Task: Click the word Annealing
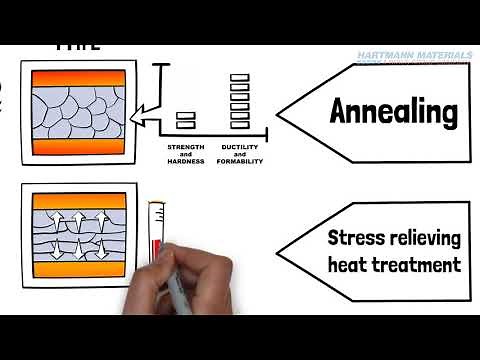pos(392,111)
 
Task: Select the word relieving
pos(424,239)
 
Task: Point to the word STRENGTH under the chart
pos(186,147)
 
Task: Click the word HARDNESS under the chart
pos(186,161)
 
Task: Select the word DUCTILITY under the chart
pos(239,147)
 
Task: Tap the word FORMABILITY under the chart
pos(239,161)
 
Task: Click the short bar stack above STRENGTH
pos(186,120)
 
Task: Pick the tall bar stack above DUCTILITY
pos(239,101)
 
